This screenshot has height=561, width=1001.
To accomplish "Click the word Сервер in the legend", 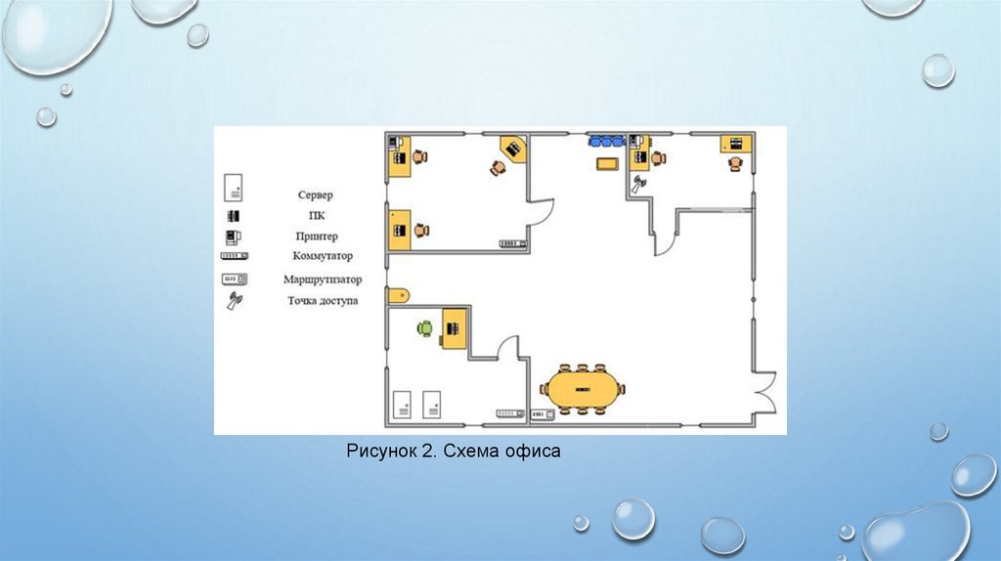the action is coord(316,195).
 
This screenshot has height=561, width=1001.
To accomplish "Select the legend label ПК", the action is coord(316,216).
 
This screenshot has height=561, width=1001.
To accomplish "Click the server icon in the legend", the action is coord(234,187).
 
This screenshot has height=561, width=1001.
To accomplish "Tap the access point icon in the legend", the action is coord(234,301).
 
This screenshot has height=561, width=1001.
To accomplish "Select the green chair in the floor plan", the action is coord(424,328).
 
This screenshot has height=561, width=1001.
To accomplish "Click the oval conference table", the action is coord(583,388).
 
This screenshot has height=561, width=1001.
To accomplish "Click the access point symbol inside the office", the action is coord(640,183).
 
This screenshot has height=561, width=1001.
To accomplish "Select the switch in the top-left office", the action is coord(512,243).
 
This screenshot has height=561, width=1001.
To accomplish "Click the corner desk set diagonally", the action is coord(513,149).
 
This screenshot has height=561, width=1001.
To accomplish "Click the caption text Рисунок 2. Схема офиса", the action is coord(454,452).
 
